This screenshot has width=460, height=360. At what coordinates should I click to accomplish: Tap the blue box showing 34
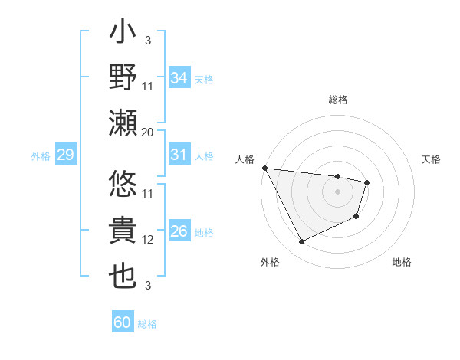point(179,78)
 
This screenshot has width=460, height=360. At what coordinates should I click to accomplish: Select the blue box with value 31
point(179,155)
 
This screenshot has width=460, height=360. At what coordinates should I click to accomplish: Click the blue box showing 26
point(179,231)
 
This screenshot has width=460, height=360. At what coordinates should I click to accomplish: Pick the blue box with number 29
point(65,155)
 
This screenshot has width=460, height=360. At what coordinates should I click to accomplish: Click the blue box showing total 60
point(123,322)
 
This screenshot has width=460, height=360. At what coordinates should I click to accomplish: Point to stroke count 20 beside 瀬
point(148,132)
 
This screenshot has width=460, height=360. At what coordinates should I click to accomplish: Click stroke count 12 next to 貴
point(148,240)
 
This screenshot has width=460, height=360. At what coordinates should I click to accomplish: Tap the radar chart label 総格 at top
point(338,100)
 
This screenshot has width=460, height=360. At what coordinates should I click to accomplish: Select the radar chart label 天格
point(432,159)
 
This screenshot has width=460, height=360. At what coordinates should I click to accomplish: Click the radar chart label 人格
point(245,159)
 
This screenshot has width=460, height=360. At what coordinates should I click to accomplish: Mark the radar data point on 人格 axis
point(264,167)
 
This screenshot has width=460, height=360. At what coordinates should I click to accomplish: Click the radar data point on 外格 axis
point(301,242)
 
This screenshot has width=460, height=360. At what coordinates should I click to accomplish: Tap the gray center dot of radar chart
point(338,191)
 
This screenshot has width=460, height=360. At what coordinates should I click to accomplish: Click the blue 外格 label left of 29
point(41,156)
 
